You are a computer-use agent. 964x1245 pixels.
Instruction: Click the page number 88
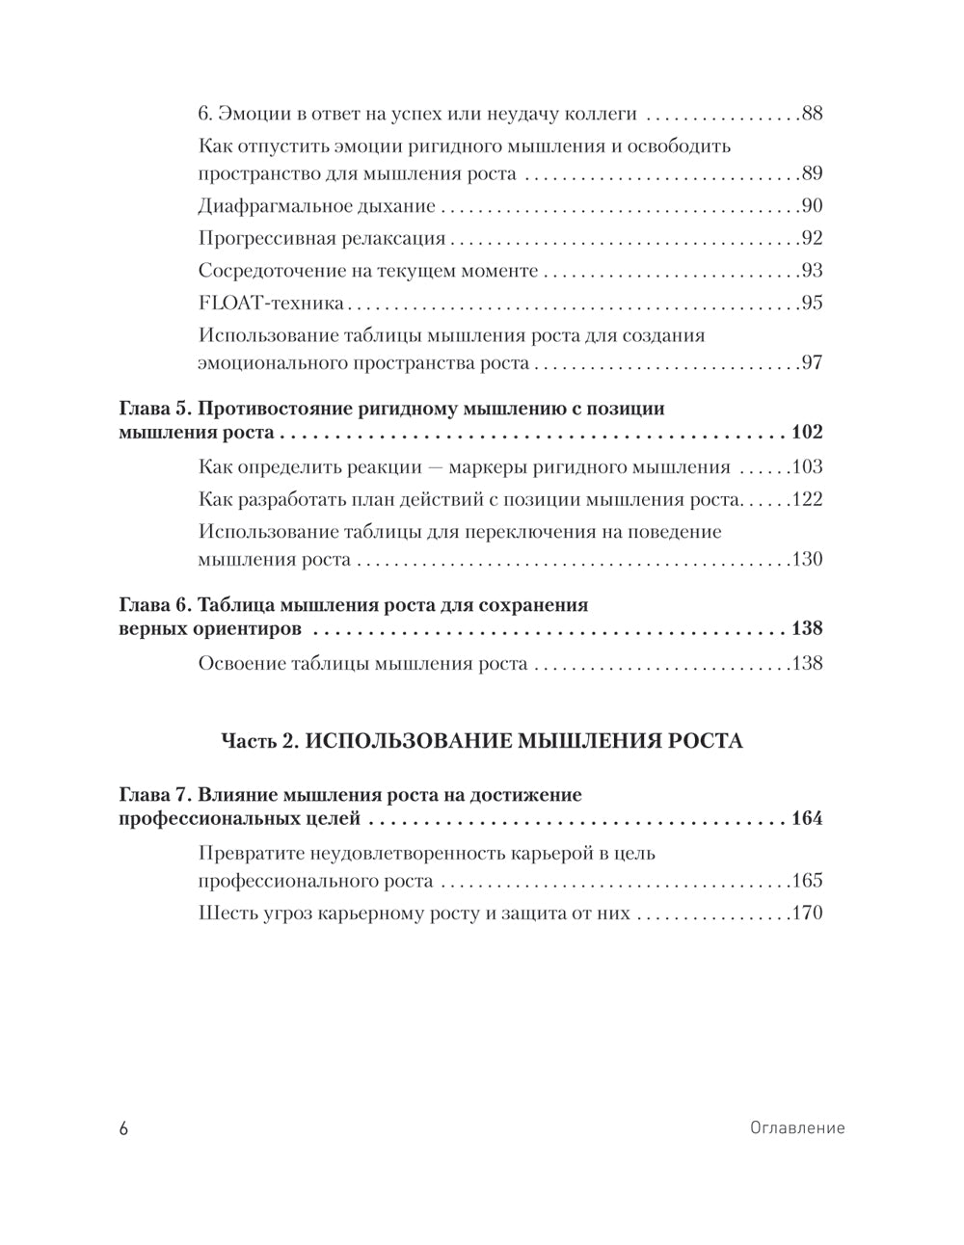811,114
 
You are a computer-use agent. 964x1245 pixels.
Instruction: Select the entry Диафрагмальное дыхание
316,206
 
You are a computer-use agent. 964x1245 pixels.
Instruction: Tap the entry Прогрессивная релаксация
321,239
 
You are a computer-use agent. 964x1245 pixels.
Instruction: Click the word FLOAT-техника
271,304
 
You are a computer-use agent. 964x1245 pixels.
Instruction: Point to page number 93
811,271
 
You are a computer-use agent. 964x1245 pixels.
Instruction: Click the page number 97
811,363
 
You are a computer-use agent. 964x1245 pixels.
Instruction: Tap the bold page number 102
806,432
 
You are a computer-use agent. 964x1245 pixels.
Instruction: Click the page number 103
806,468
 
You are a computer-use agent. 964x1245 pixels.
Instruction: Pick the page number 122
806,500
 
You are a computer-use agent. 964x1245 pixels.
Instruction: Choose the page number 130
806,560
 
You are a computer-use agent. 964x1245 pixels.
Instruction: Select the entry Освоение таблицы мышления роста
362,664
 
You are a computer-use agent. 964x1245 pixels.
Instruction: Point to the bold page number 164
806,819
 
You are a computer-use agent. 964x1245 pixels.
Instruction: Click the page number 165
806,881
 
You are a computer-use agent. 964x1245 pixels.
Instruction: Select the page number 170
806,914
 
